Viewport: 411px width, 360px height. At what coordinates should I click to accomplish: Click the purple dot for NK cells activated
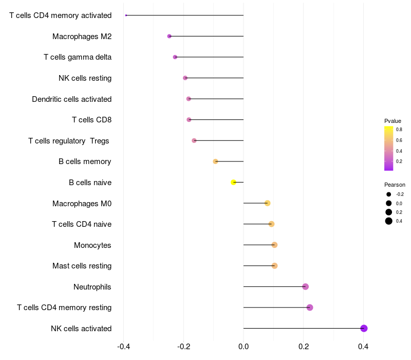tap(364, 328)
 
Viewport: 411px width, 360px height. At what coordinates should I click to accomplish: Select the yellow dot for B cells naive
tap(233, 182)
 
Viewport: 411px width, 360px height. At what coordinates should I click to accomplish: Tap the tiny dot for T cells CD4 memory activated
tap(126, 15)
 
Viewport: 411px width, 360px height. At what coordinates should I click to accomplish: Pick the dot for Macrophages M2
tap(170, 36)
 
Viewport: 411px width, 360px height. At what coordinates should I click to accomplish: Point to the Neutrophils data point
tap(305, 286)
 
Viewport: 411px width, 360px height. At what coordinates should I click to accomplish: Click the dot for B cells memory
tap(215, 161)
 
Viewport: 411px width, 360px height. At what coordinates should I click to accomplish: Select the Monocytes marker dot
tap(274, 245)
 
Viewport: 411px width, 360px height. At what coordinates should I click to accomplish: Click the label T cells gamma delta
tap(78, 57)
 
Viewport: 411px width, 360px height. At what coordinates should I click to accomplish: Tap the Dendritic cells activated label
tap(72, 99)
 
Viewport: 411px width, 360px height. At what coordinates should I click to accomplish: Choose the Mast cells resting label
tap(82, 266)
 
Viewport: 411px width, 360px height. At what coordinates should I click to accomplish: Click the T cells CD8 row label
tap(92, 120)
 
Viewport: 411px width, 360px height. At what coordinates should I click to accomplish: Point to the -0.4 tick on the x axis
tap(124, 347)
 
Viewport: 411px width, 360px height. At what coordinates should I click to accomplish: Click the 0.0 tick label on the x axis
tap(244, 347)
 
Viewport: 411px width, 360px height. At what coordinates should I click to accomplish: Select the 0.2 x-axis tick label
tap(304, 347)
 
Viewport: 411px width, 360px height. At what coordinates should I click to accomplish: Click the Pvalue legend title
tap(393, 121)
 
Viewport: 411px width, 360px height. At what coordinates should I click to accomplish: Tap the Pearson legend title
tap(395, 185)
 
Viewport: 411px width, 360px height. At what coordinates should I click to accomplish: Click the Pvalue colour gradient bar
tap(389, 149)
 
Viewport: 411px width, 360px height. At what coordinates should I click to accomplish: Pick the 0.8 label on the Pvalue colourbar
tap(399, 130)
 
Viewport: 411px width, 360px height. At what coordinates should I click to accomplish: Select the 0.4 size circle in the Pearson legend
tap(389, 221)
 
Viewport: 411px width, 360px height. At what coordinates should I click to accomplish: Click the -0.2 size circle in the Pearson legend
tap(389, 194)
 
